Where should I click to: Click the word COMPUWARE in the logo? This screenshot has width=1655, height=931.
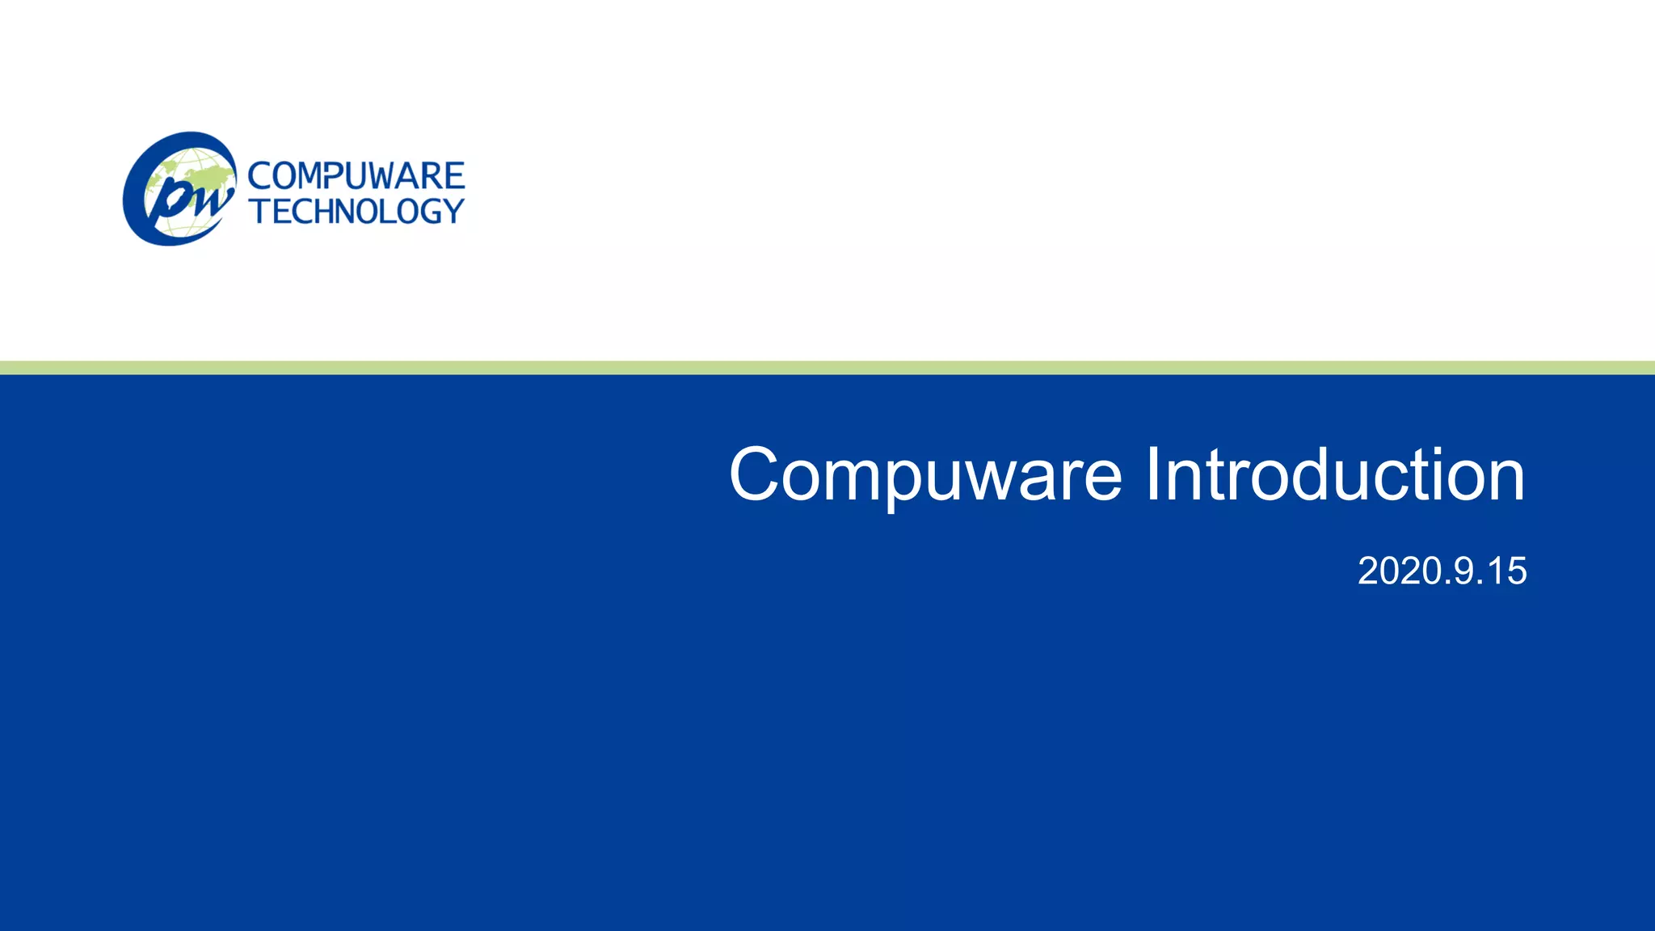pyautogui.click(x=356, y=176)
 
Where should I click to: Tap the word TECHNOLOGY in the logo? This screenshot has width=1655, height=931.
pyautogui.click(x=357, y=212)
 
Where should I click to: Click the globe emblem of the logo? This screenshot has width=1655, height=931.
pyautogui.click(x=179, y=189)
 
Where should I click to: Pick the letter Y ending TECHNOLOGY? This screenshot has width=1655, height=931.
pyautogui.click(x=453, y=212)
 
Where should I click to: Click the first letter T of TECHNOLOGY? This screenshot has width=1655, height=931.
pyautogui.click(x=259, y=212)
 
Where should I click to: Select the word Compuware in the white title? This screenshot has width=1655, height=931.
pyautogui.click(x=925, y=475)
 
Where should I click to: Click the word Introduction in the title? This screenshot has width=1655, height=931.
pyautogui.click(x=1335, y=475)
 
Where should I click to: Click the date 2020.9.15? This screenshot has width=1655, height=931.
pyautogui.click(x=1442, y=571)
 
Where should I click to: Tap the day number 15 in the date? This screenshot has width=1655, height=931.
pyautogui.click(x=1506, y=571)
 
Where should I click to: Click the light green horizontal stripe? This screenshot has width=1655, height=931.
pyautogui.click(x=827, y=368)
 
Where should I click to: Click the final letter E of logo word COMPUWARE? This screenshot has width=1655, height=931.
pyautogui.click(x=454, y=176)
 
